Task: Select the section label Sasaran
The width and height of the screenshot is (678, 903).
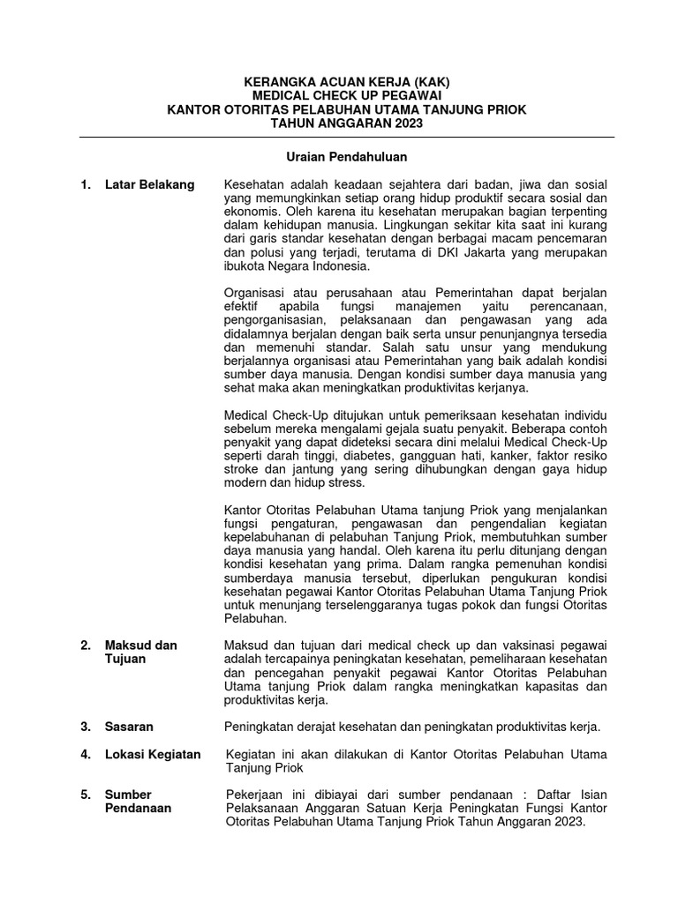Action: pyautogui.click(x=129, y=727)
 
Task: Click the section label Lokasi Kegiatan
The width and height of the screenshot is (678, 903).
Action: pyautogui.click(x=152, y=754)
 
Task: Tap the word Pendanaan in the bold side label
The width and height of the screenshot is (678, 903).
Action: pyautogui.click(x=139, y=808)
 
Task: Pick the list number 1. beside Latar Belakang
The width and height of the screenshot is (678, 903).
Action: pyautogui.click(x=86, y=184)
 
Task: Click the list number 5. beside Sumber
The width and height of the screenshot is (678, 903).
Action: pyautogui.click(x=86, y=795)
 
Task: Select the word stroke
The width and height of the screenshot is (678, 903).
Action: pyautogui.click(x=243, y=470)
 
